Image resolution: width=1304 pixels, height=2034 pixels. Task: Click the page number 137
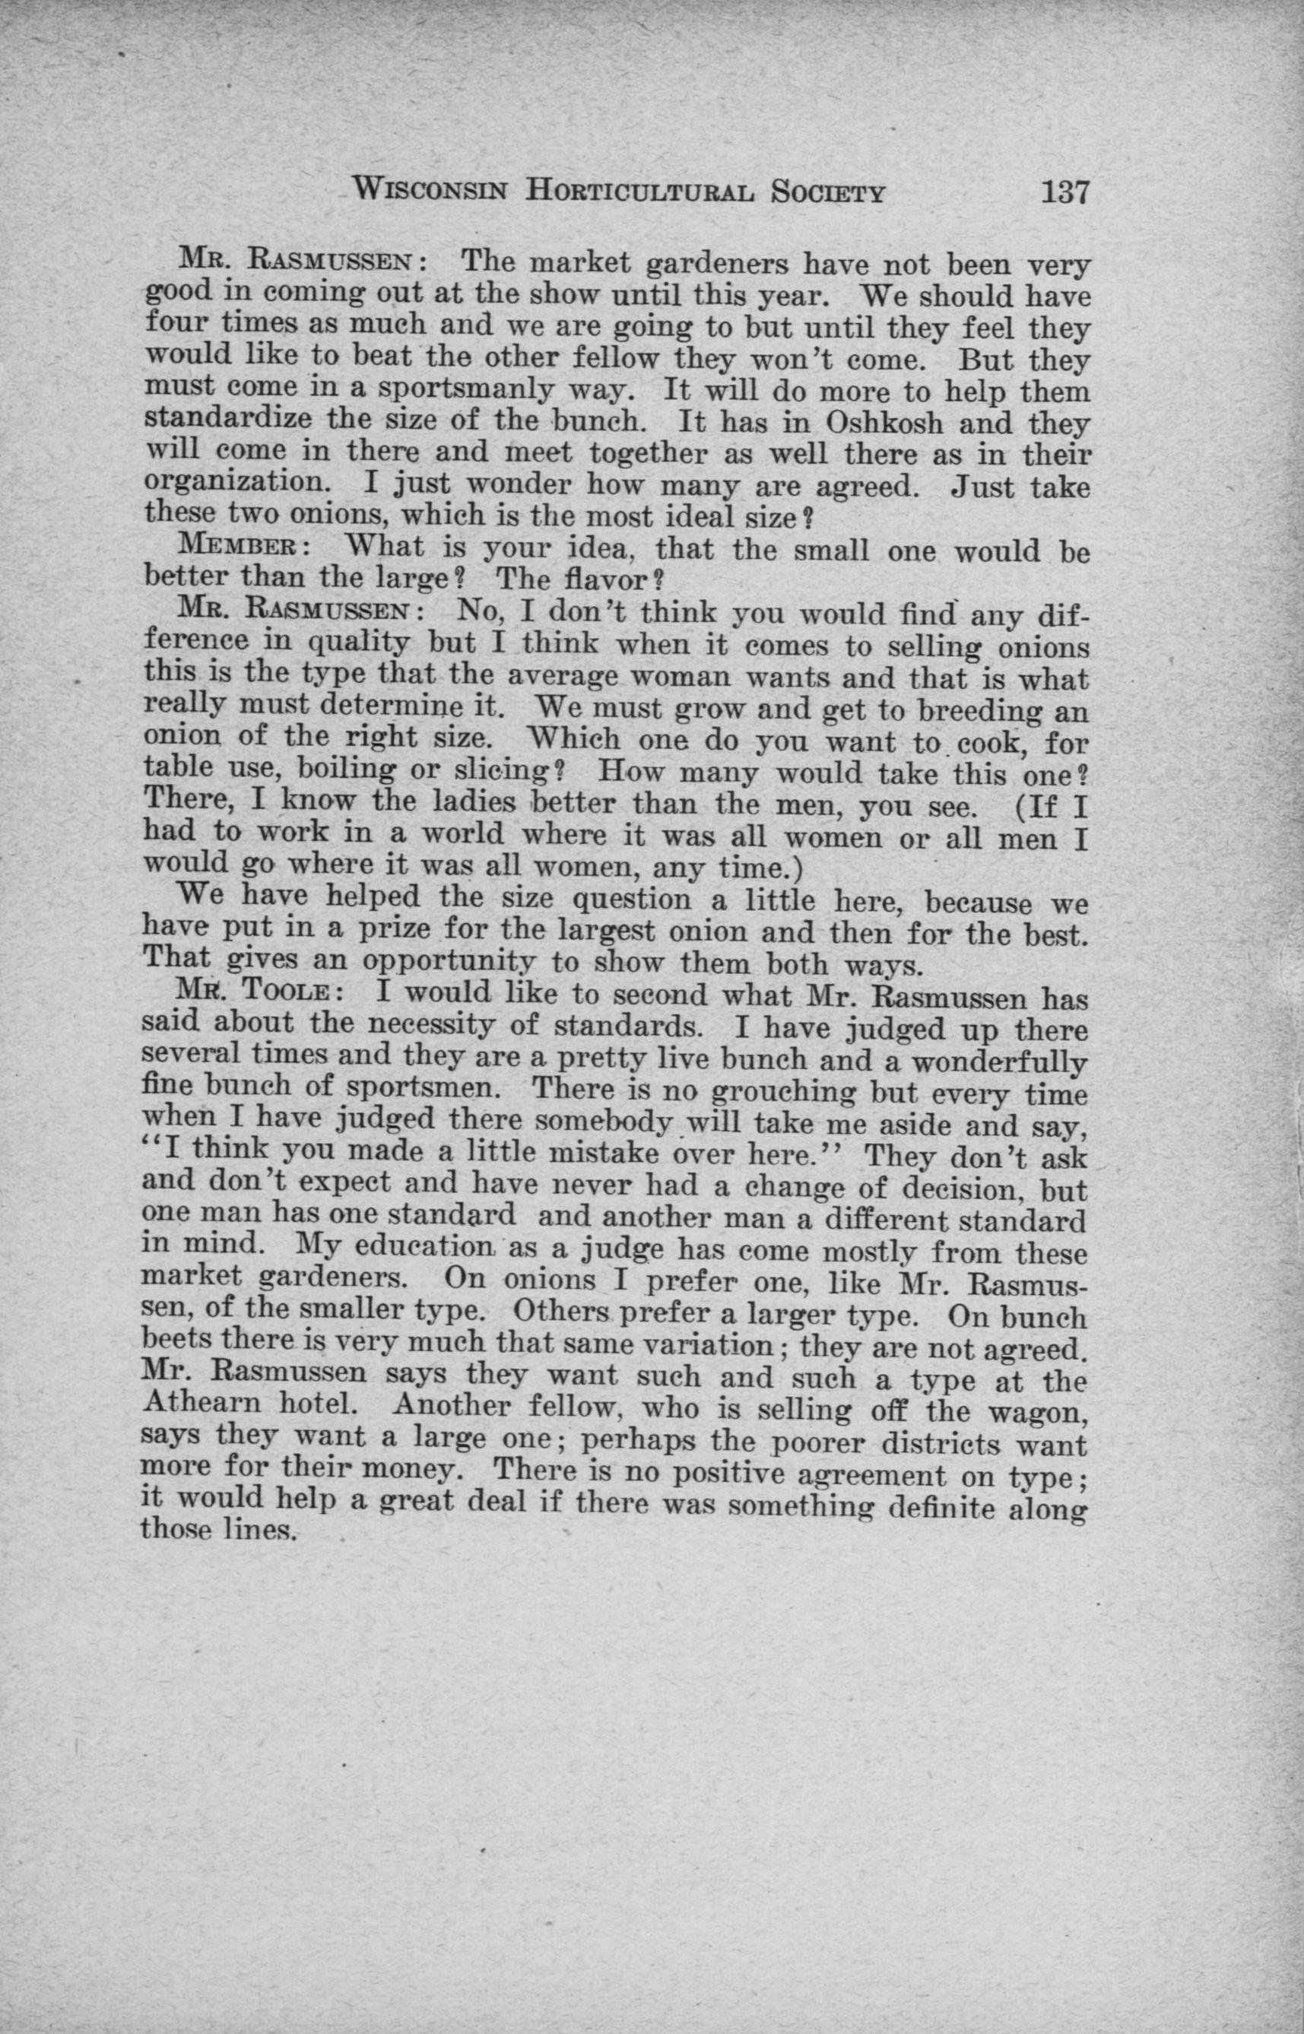point(1064,193)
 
